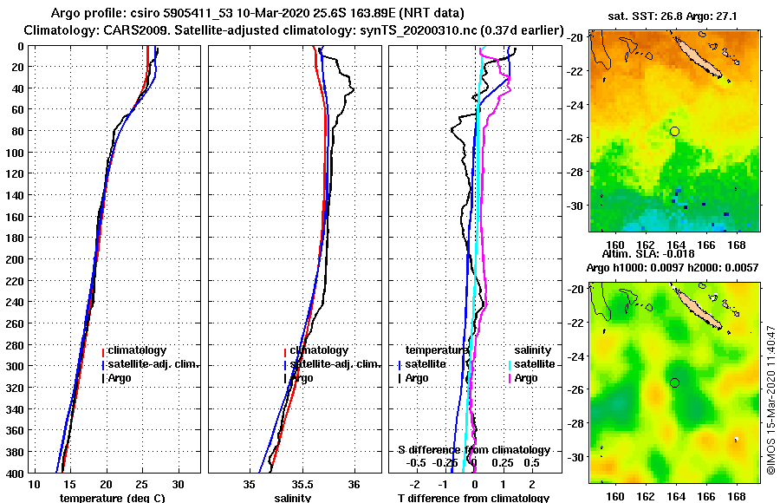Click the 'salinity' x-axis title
(292, 498)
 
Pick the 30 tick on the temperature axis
(179, 483)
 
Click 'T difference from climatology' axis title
(473, 498)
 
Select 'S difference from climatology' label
(473, 450)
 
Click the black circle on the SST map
(674, 131)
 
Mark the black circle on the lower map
(674, 382)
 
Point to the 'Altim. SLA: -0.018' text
(673, 254)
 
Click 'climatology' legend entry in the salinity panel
(319, 349)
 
